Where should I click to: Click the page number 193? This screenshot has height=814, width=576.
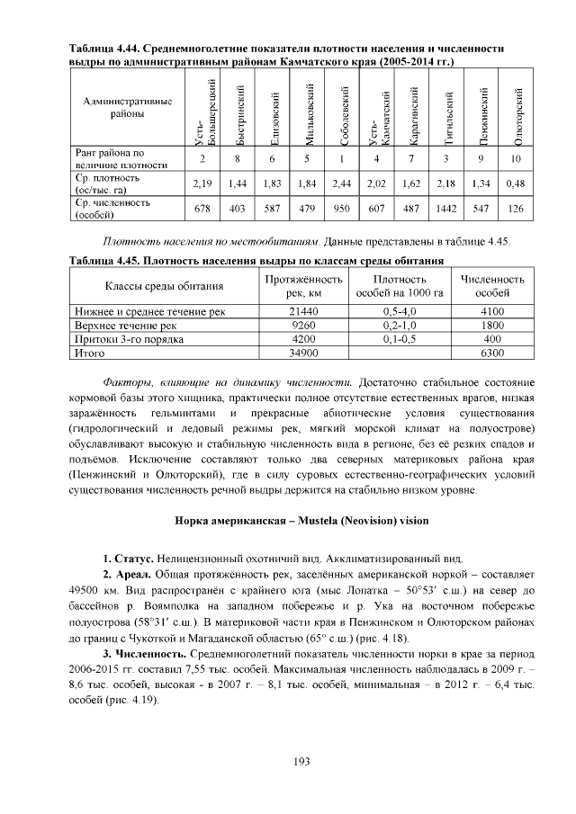(x=301, y=762)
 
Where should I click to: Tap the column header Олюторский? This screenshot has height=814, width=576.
(x=517, y=115)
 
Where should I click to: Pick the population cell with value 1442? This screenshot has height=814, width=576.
(x=446, y=209)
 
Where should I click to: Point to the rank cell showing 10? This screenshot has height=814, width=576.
(x=516, y=159)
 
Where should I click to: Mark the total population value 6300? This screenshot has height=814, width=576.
(x=492, y=354)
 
